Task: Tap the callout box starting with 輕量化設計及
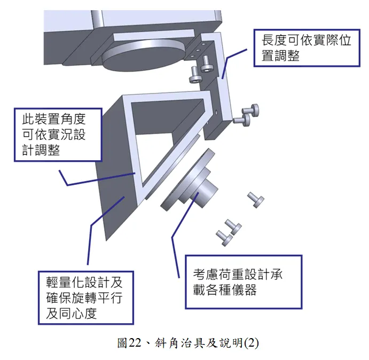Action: (85, 296)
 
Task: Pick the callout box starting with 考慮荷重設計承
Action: (243, 282)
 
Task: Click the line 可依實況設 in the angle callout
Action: (53, 134)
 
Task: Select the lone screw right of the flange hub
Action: (255, 199)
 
